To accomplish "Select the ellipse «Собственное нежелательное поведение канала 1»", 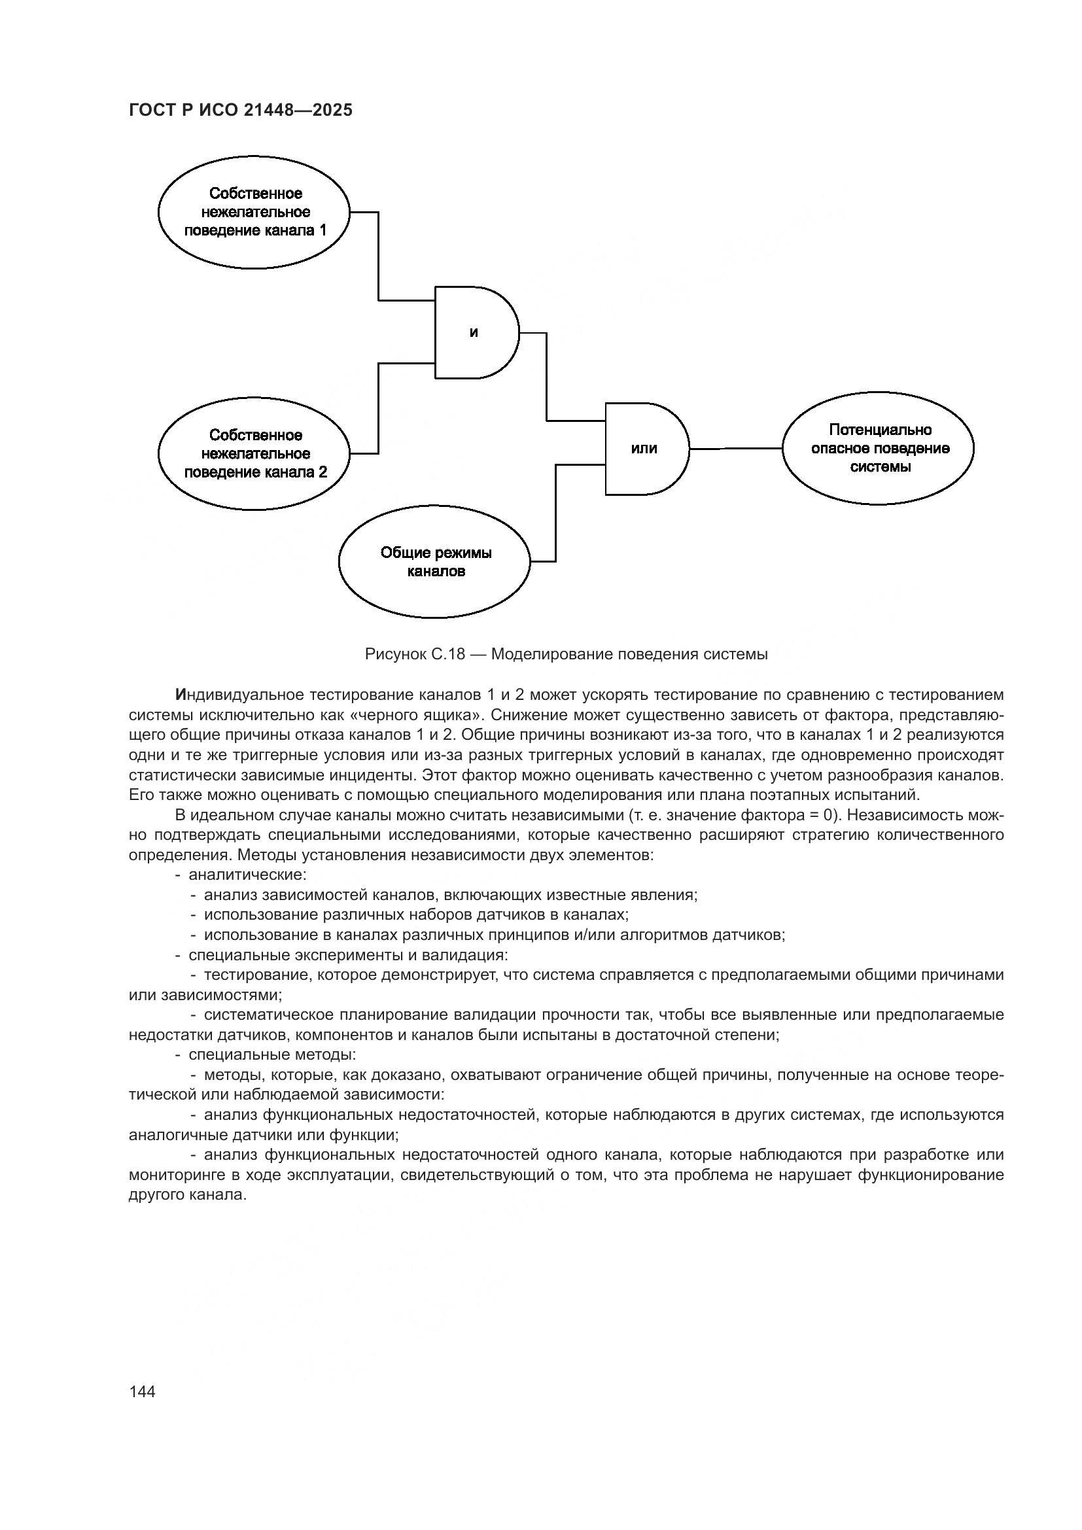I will tap(254, 212).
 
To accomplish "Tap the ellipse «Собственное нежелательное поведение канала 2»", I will tap(254, 454).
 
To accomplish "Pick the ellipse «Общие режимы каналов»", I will tap(435, 562).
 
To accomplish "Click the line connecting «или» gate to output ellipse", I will tap(735, 449).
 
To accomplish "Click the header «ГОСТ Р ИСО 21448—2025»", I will tap(240, 111).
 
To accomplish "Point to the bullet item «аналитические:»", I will tap(247, 875).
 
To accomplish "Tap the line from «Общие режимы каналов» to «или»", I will tap(555, 513).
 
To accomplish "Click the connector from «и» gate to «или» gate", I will tap(547, 377).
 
